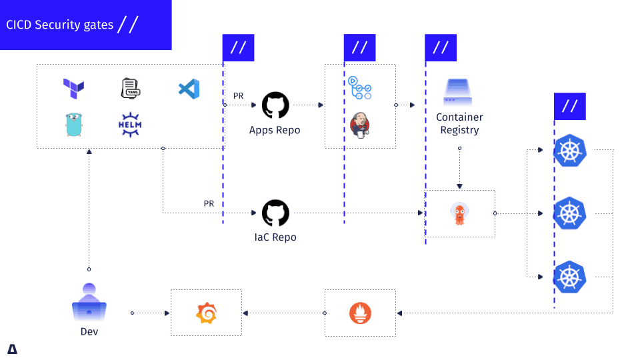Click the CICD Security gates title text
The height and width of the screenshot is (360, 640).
(59, 25)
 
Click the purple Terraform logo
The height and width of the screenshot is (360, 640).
(73, 88)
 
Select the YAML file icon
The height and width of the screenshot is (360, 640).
(130, 88)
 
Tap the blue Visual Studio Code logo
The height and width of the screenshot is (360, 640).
(189, 89)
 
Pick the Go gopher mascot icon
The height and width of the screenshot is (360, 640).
(73, 125)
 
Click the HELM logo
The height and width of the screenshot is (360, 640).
(130, 125)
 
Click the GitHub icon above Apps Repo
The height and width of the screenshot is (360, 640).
(275, 105)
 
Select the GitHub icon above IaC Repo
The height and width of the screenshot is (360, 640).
(275, 213)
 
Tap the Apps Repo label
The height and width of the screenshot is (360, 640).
(275, 130)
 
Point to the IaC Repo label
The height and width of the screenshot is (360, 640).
(275, 237)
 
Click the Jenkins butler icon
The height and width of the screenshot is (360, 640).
(360, 125)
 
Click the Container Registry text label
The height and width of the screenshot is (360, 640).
(459, 123)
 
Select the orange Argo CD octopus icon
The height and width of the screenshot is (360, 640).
(459, 213)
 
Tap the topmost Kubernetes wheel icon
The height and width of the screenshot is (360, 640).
(570, 151)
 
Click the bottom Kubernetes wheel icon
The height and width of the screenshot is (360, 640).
(570, 276)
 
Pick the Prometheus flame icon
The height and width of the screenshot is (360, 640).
(360, 313)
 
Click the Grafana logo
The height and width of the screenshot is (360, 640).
(206, 313)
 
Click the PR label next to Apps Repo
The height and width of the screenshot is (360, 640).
(238, 96)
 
